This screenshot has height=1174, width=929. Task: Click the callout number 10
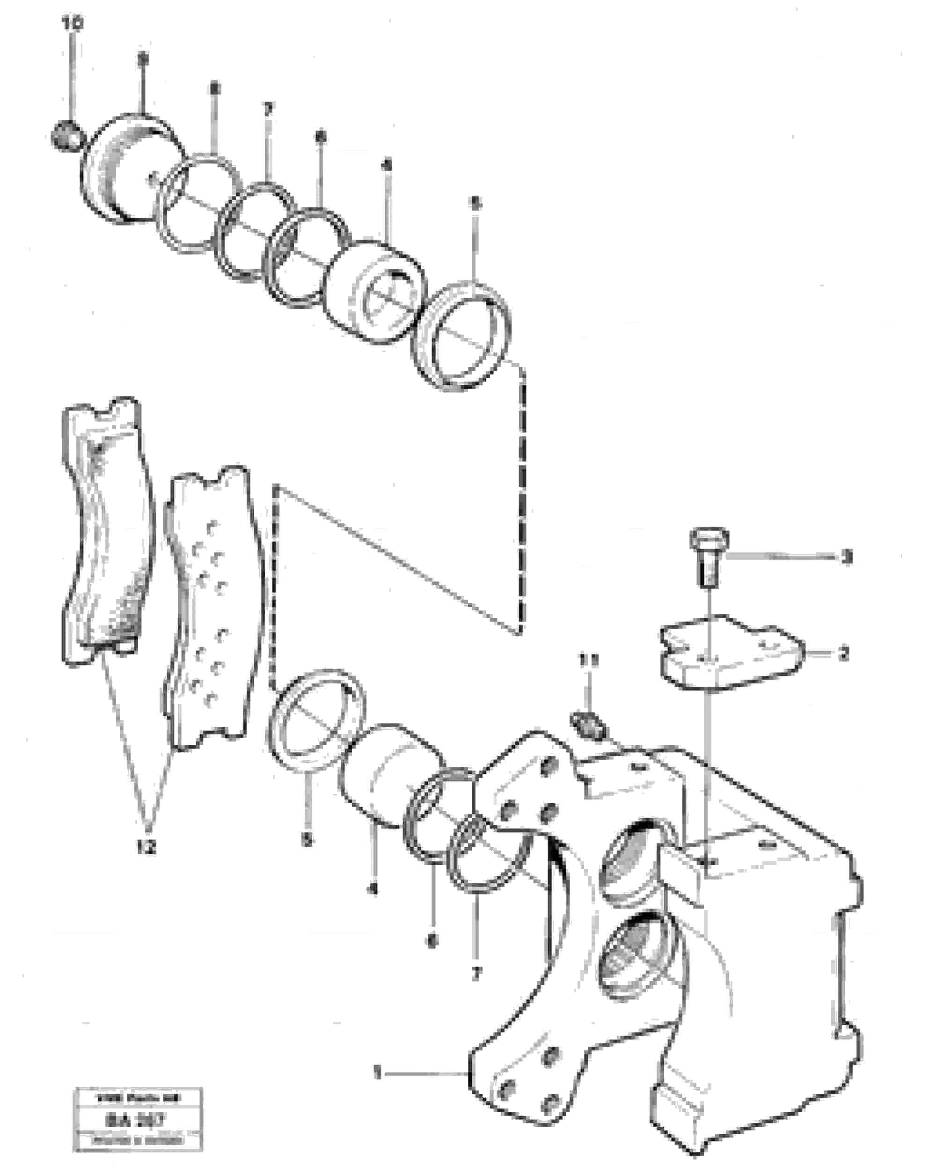coord(73,24)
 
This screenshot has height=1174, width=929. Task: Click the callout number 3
coord(845,558)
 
